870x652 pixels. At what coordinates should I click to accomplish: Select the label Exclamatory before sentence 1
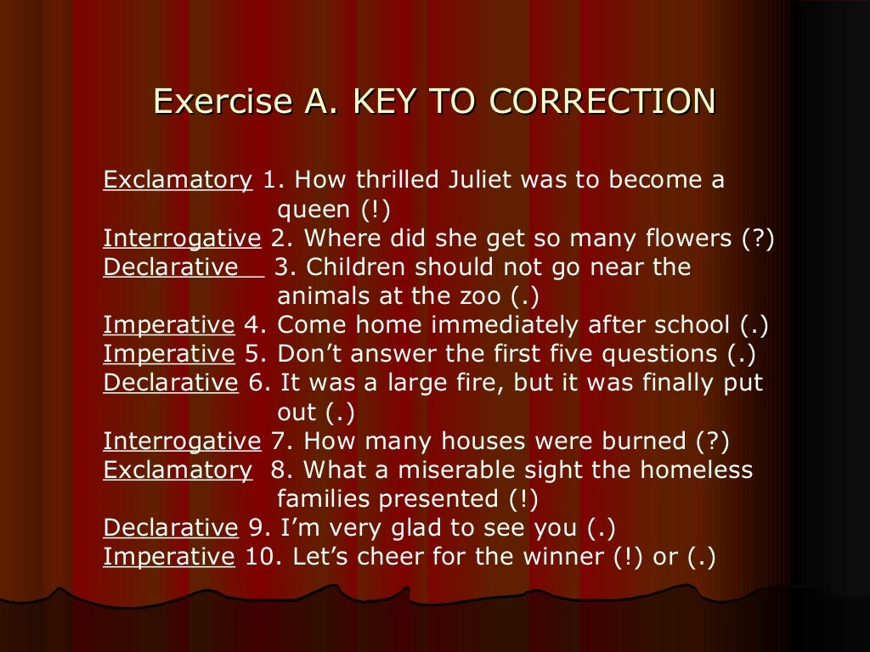click(178, 181)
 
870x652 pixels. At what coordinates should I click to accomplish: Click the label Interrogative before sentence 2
click(182, 239)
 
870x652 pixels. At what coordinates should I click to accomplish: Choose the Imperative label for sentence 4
click(168, 325)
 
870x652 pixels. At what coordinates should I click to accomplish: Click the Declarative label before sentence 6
click(171, 383)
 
